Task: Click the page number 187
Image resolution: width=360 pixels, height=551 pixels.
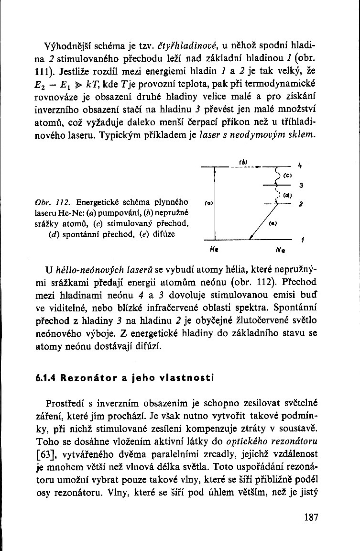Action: pos(310,518)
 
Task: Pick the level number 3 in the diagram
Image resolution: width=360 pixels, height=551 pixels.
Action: pos(300,186)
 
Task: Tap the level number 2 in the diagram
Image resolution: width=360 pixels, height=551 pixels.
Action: pos(300,204)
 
